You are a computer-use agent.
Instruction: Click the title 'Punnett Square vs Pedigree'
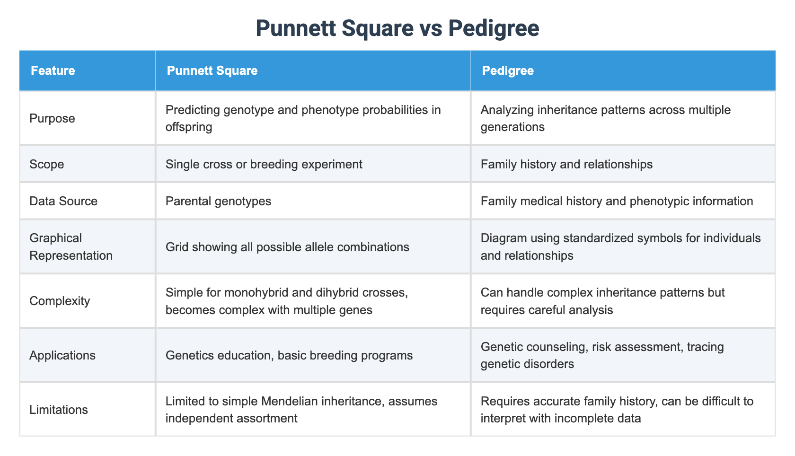pos(397,28)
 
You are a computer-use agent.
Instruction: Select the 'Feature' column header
pos(53,71)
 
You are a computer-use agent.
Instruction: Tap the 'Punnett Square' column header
pos(212,71)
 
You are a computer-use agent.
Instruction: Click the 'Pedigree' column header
pos(507,71)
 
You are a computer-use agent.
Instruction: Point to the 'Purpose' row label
pos(52,118)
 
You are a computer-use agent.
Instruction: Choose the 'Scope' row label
pos(46,164)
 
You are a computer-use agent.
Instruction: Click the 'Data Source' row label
pos(63,201)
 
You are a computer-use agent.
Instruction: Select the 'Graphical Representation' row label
pos(71,246)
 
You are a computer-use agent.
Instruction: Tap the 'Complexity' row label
pos(60,301)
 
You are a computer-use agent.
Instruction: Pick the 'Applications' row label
pos(62,355)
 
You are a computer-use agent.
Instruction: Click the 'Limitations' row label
pos(59,410)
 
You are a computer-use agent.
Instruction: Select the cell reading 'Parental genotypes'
pos(219,201)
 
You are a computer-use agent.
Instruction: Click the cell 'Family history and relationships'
pos(566,164)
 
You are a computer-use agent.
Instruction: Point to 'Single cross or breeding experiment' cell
pos(264,164)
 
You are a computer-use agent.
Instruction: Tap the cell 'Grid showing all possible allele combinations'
pos(287,246)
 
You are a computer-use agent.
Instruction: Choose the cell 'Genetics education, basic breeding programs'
pos(289,355)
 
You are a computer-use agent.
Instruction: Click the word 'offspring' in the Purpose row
pos(189,127)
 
